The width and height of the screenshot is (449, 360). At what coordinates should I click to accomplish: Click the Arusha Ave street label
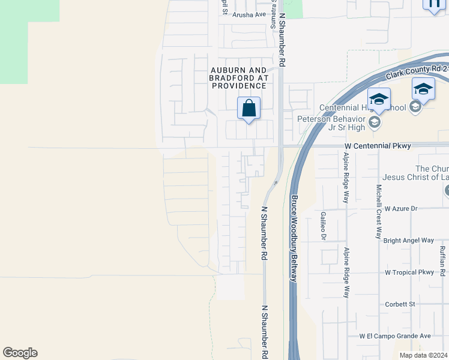[249, 14]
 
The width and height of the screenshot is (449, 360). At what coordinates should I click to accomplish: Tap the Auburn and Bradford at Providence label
[239, 78]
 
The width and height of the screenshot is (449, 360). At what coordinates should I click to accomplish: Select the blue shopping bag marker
[249, 109]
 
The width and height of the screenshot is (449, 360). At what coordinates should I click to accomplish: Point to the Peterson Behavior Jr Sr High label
[332, 122]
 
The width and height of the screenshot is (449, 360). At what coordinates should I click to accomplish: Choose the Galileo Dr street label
[323, 226]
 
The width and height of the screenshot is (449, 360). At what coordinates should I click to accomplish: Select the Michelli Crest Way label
[379, 211]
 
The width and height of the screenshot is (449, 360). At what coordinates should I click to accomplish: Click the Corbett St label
[400, 304]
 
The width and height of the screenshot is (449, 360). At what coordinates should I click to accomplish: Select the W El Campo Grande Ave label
[395, 336]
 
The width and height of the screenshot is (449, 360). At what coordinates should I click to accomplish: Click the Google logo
[20, 353]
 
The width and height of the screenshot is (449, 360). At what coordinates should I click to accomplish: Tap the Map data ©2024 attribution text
[424, 355]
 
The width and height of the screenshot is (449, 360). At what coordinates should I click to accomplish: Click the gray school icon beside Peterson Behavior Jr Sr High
[375, 123]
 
